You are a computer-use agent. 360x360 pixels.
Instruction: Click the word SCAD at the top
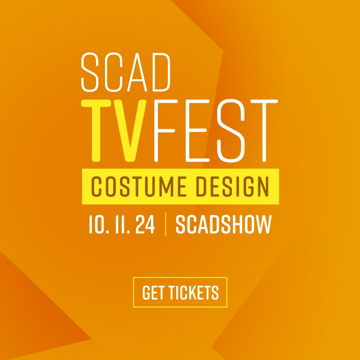click(126, 72)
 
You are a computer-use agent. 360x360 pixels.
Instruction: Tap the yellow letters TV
click(114, 131)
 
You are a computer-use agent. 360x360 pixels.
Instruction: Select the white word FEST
click(216, 131)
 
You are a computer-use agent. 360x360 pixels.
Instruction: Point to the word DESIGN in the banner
click(232, 187)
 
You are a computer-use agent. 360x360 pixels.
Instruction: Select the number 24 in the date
click(145, 225)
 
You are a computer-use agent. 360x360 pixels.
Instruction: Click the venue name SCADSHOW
click(224, 225)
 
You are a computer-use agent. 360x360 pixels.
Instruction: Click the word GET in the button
click(153, 292)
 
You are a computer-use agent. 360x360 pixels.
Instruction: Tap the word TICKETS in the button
click(194, 292)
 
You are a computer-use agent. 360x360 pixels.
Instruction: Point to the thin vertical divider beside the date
click(165, 225)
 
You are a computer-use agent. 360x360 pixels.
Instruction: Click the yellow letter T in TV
click(97, 131)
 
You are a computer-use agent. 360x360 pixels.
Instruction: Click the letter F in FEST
click(165, 131)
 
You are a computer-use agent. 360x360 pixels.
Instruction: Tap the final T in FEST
click(264, 131)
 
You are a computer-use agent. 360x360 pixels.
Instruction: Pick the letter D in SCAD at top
click(161, 72)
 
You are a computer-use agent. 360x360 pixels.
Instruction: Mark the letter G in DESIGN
click(247, 187)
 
